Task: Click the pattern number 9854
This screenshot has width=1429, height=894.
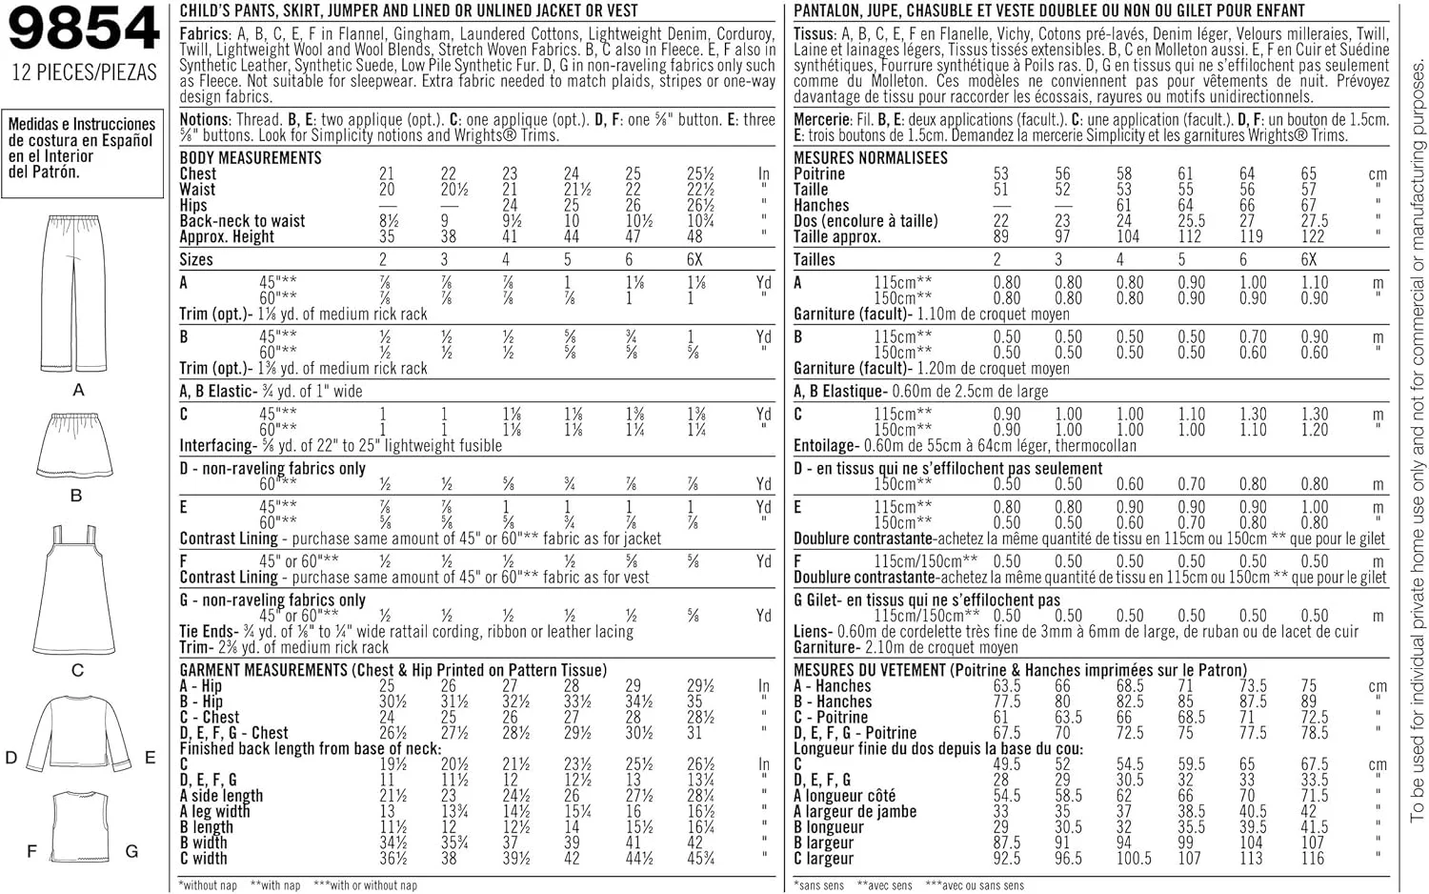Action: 84,29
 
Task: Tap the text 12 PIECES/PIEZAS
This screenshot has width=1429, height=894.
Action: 84,72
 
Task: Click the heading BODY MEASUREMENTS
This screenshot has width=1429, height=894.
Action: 251,158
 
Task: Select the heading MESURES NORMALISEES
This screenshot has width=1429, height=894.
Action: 870,158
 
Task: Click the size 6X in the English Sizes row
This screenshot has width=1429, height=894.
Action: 694,260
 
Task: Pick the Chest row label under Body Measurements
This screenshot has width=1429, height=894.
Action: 198,174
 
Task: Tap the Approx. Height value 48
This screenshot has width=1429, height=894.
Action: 695,236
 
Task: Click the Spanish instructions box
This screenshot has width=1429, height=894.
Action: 82,149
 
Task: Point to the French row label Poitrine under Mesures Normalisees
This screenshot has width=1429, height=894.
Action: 819,174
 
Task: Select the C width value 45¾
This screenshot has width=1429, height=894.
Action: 700,858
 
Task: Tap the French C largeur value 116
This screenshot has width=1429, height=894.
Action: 1313,858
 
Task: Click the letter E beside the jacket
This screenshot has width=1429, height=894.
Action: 150,758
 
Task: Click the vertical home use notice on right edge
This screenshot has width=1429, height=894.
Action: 1417,438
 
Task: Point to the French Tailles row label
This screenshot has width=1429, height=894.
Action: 815,260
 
